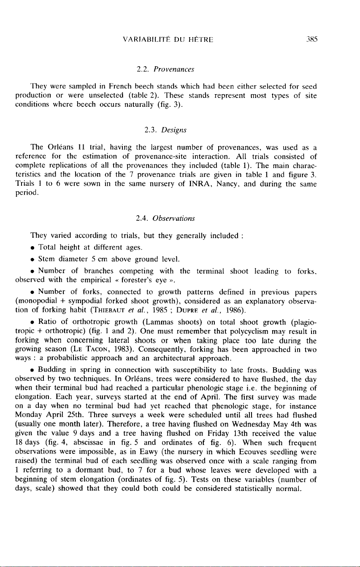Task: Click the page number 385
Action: point(312,40)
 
